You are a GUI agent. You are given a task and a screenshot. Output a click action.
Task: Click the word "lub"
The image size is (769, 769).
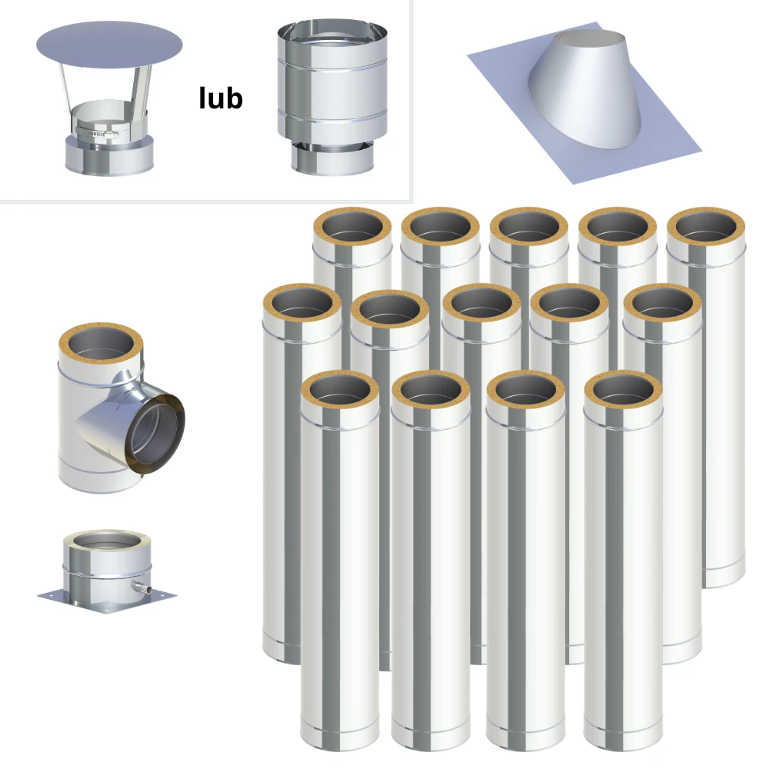click(x=221, y=98)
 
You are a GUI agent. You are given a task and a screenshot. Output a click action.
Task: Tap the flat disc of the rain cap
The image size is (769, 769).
click(x=109, y=45)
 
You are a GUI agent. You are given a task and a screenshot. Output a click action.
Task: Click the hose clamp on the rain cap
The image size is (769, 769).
click(x=97, y=132)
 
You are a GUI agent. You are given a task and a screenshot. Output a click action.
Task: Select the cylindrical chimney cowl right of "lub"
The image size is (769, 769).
click(x=332, y=98)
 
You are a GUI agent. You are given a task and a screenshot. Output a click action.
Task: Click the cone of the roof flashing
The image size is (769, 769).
click(x=584, y=88)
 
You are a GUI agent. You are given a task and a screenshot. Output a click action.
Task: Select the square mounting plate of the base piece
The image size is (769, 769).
click(x=107, y=601)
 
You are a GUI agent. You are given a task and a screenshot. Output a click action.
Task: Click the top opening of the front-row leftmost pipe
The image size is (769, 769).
click(x=340, y=391)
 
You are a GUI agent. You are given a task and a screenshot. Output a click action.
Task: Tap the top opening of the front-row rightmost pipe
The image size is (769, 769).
click(x=624, y=391)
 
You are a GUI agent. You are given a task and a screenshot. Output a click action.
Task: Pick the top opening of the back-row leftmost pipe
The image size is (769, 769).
click(x=353, y=228)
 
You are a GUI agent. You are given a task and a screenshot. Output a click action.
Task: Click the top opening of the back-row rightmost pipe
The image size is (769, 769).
click(x=706, y=228)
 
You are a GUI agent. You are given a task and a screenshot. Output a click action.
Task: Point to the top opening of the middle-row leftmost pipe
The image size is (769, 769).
click(x=302, y=304)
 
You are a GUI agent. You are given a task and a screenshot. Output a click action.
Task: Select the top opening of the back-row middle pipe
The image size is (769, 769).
click(x=529, y=228)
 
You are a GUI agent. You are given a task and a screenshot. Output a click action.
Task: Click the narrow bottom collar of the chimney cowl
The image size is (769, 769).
click(x=332, y=159)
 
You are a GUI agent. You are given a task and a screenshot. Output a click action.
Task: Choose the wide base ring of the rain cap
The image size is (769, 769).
click(x=109, y=155)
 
